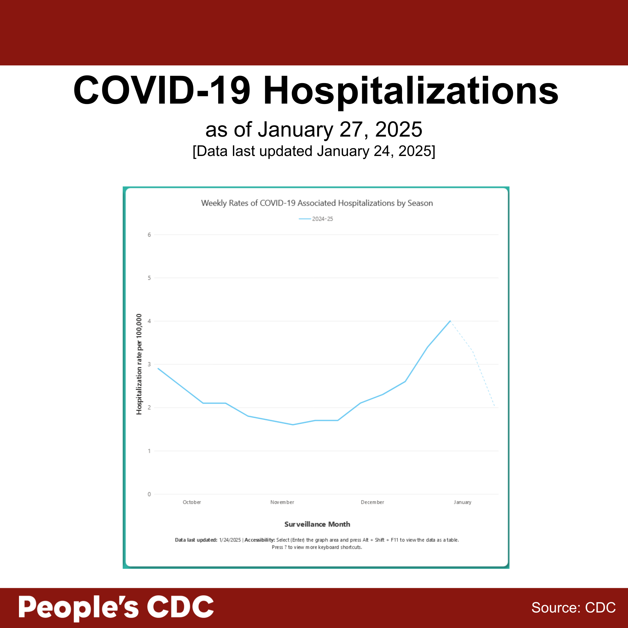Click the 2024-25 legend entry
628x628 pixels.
pyautogui.click(x=316, y=219)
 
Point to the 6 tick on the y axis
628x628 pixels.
pyautogui.click(x=149, y=235)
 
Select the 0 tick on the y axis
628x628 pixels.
pyautogui.click(x=149, y=494)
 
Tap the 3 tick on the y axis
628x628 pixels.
pyautogui.click(x=149, y=364)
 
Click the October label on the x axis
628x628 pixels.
pyautogui.click(x=192, y=502)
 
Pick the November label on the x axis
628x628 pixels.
pyautogui.click(x=282, y=502)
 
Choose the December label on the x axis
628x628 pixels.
pyautogui.click(x=372, y=502)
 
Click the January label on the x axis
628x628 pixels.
pyautogui.click(x=462, y=502)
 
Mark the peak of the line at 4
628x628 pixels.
pyautogui.click(x=450, y=321)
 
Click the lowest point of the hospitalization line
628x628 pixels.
pyautogui.click(x=293, y=425)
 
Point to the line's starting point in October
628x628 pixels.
pyautogui.click(x=158, y=368)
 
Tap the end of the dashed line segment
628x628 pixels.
pyautogui.click(x=495, y=407)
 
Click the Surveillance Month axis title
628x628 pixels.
pyautogui.click(x=317, y=524)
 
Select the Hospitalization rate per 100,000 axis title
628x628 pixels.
pyautogui.click(x=139, y=364)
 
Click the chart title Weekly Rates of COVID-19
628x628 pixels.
pyautogui.click(x=317, y=203)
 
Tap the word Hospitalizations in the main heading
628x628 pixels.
pyautogui.click(x=410, y=91)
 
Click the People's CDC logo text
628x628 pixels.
pyautogui.click(x=116, y=607)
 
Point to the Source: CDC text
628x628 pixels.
pyautogui.click(x=573, y=608)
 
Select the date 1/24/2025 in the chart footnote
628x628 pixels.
pyautogui.click(x=230, y=540)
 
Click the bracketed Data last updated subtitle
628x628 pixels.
pyautogui.click(x=314, y=151)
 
